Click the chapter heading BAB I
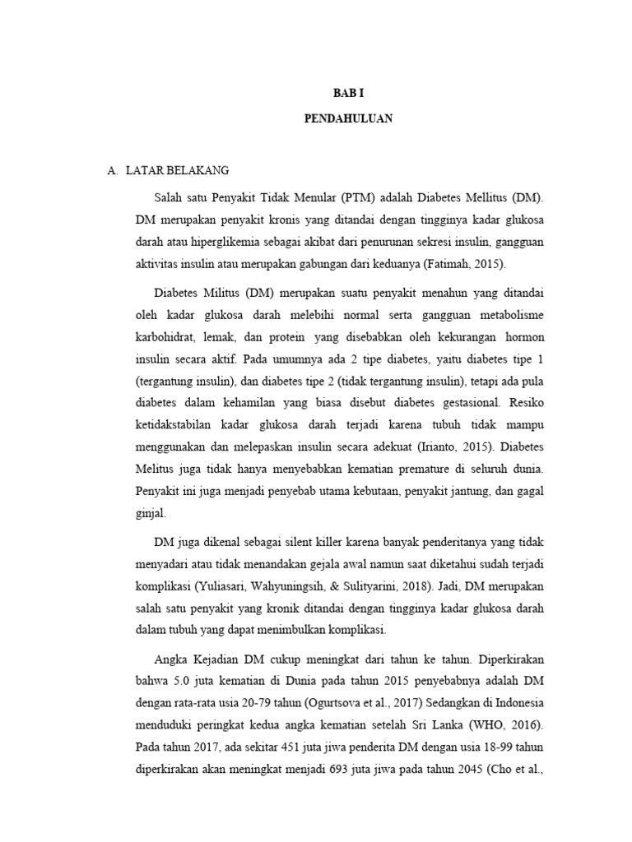348,95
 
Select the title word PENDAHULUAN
348,119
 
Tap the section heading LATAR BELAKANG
177,170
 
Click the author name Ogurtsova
335,702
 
